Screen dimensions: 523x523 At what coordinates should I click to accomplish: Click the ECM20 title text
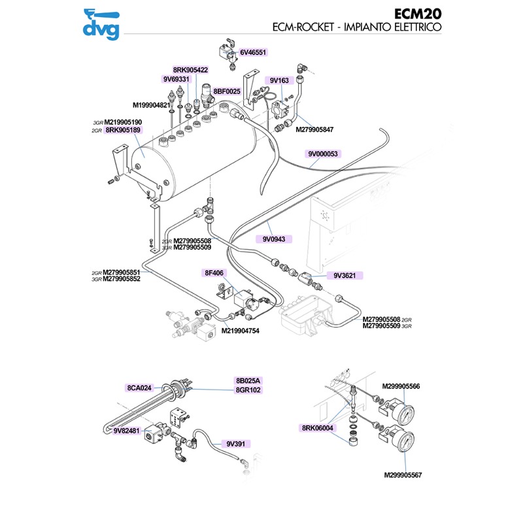click(418, 14)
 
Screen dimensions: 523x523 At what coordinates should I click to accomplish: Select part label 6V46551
click(254, 52)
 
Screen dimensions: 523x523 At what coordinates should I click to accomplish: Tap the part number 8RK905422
click(190, 70)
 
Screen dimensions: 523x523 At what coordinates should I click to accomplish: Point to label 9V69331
click(176, 80)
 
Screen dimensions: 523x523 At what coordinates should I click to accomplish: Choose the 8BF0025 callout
click(227, 92)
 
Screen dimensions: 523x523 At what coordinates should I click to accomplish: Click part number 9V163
click(279, 80)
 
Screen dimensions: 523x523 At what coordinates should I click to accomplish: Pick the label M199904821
click(151, 105)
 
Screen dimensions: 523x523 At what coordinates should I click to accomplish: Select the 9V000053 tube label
click(323, 154)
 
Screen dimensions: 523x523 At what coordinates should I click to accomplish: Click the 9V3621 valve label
click(344, 276)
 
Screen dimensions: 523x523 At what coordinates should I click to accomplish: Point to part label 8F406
click(214, 273)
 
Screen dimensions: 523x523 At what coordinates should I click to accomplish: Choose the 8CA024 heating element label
click(139, 387)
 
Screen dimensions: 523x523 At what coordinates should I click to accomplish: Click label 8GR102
click(248, 390)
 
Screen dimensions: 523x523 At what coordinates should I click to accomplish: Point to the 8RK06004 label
click(318, 428)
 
